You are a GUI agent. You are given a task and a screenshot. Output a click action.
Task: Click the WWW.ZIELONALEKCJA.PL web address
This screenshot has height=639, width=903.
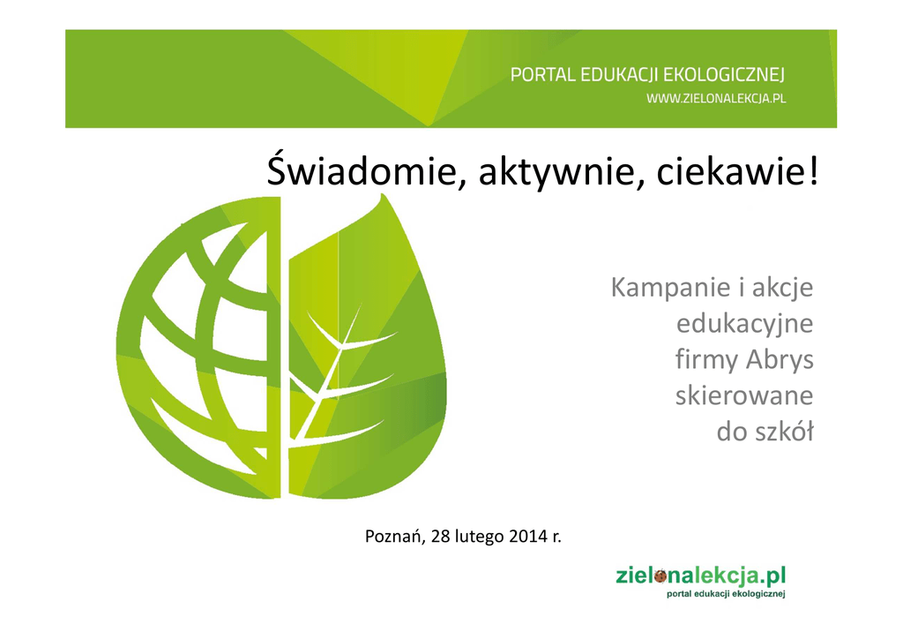(716, 99)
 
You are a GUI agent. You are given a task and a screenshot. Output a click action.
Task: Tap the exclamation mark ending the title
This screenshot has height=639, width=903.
(812, 171)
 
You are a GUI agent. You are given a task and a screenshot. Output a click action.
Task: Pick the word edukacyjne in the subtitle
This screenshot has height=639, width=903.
(744, 324)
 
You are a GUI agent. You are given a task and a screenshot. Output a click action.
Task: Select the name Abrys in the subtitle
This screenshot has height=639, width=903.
(780, 360)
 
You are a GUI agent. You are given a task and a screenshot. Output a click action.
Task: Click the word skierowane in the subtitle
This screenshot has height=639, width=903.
(744, 396)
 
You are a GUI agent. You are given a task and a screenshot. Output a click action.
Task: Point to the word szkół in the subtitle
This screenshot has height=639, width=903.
(787, 432)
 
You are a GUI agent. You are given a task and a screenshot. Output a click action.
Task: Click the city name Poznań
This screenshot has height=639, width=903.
(395, 537)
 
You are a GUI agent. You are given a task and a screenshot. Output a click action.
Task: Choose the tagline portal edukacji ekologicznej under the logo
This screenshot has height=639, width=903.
(726, 594)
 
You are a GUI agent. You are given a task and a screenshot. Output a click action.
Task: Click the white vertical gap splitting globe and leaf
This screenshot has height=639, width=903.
(285, 346)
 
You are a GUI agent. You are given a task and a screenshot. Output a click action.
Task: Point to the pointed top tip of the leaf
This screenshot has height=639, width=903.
(382, 194)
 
